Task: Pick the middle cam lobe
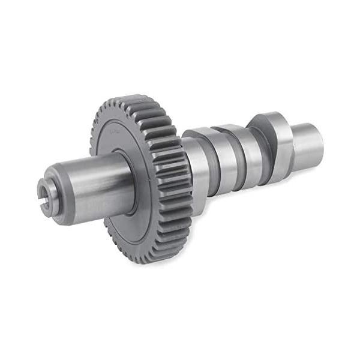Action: tap(237, 150)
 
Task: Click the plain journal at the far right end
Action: tap(309, 144)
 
